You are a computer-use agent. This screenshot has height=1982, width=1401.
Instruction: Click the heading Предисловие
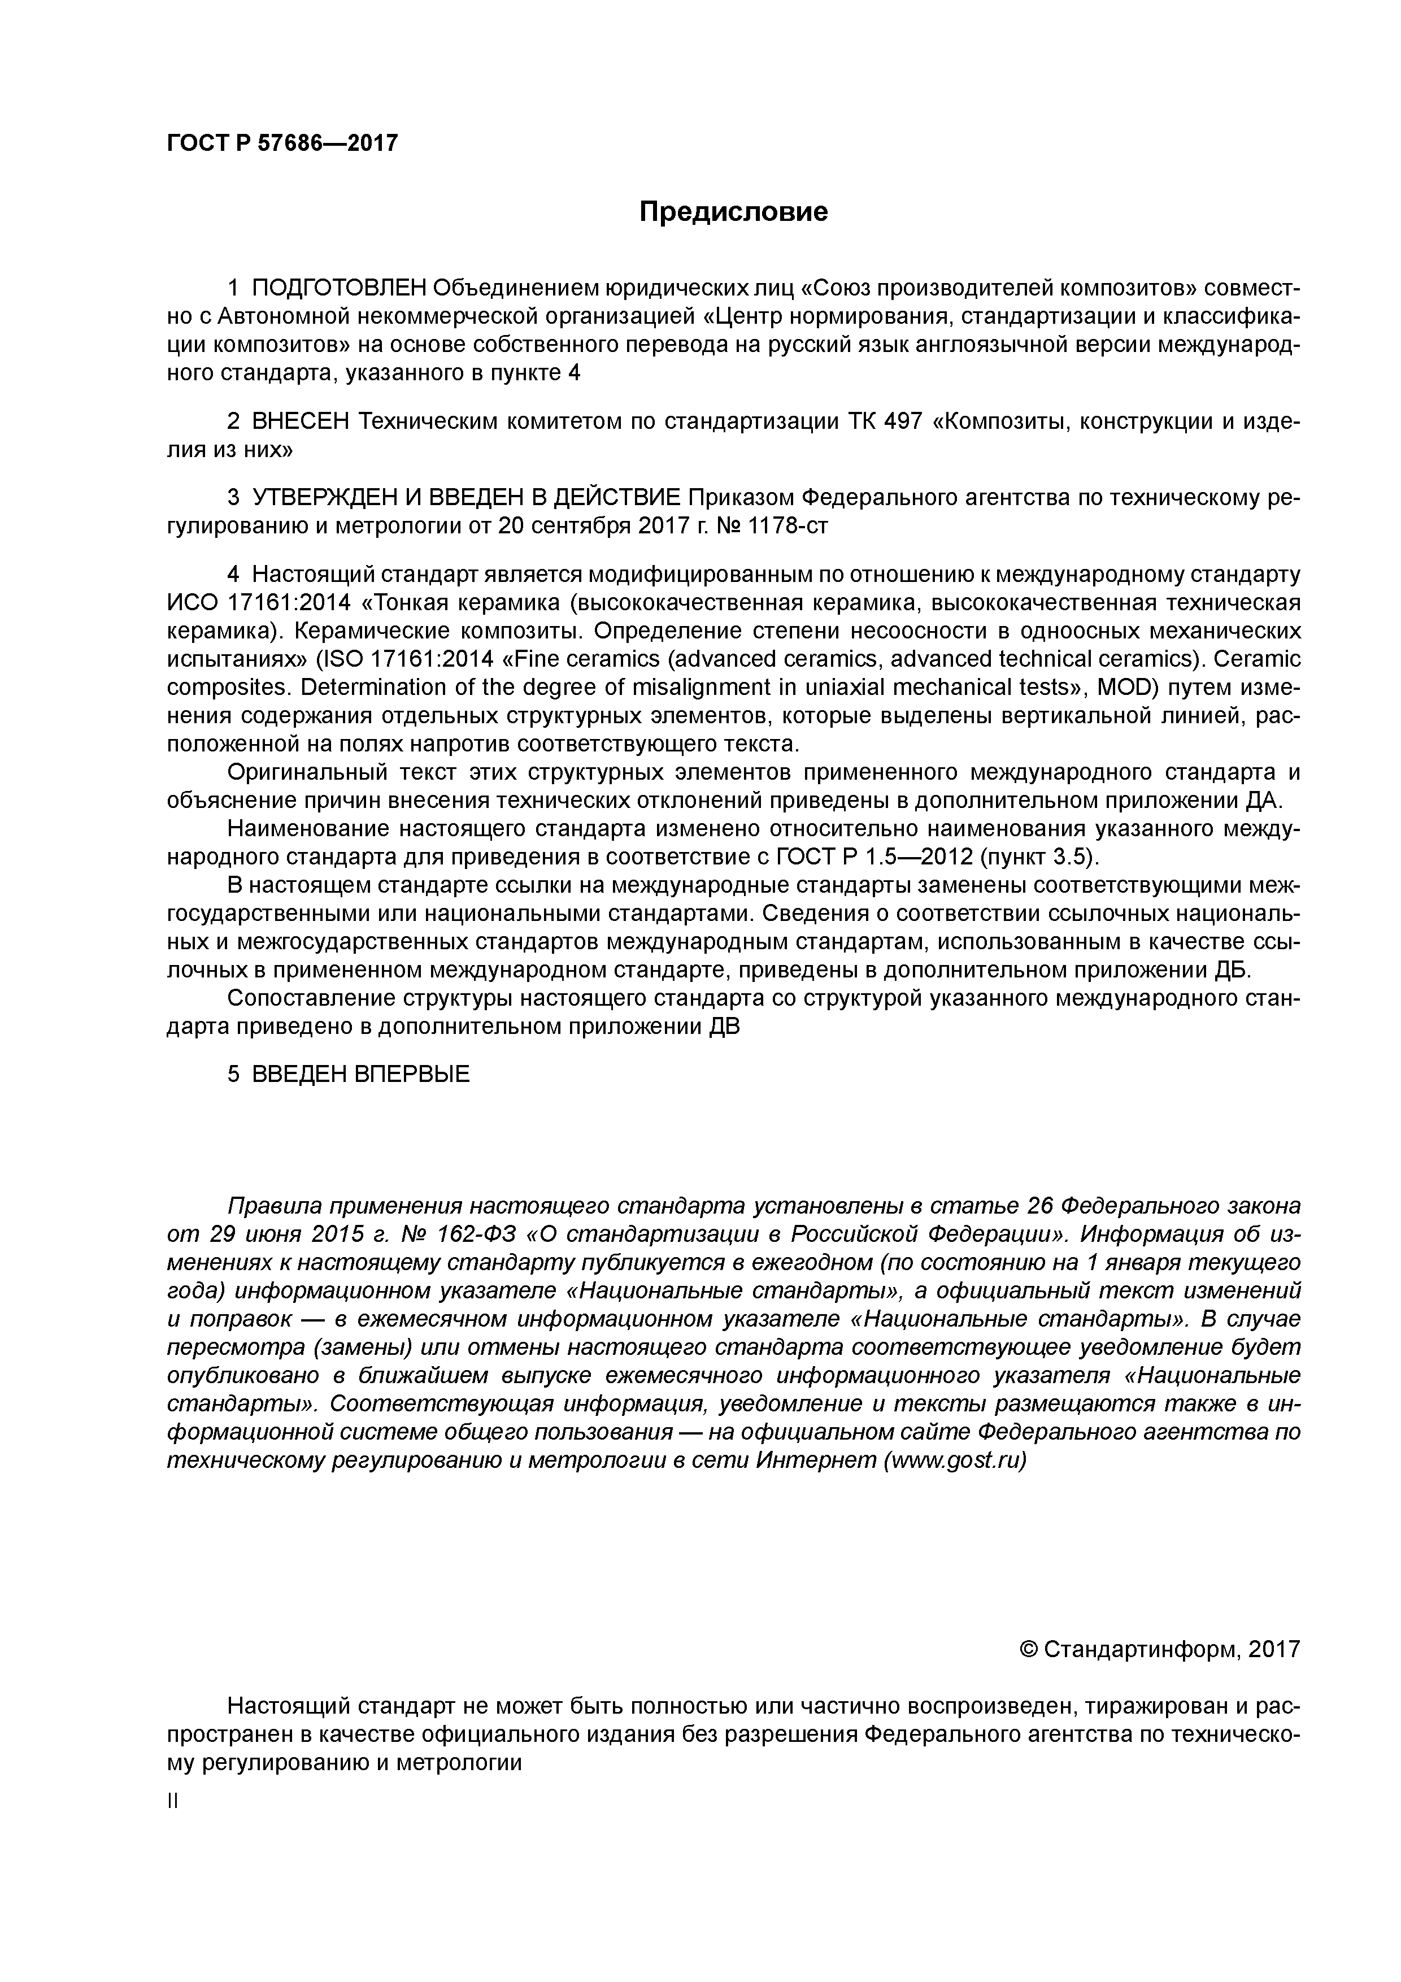(x=733, y=211)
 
